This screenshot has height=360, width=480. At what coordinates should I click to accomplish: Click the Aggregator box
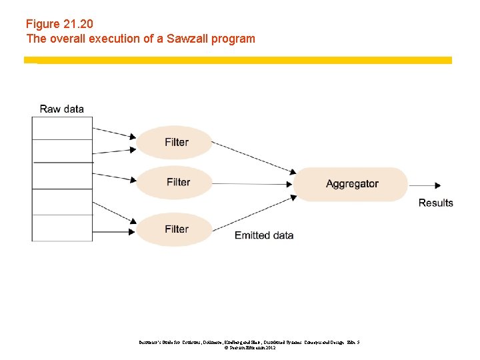(x=351, y=184)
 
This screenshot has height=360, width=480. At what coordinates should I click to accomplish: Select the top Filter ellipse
(x=175, y=142)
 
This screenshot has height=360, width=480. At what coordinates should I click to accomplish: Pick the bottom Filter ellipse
(x=175, y=229)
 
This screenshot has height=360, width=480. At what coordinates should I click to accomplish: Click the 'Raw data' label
(x=62, y=109)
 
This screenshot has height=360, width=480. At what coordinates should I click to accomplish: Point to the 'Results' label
(x=435, y=203)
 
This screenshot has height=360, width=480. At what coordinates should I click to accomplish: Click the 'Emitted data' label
(x=264, y=235)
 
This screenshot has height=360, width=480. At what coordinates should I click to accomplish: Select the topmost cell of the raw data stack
(x=62, y=128)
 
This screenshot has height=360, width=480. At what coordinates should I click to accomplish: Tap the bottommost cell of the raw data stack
(x=62, y=227)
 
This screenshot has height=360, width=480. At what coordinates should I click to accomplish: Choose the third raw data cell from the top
(x=62, y=175)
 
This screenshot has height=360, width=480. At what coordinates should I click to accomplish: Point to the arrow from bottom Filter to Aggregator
(x=253, y=212)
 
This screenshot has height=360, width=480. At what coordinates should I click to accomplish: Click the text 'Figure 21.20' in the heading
(x=59, y=24)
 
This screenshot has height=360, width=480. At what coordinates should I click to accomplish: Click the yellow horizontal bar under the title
(x=238, y=60)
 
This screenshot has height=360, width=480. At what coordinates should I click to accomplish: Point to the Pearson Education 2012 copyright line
(x=245, y=348)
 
